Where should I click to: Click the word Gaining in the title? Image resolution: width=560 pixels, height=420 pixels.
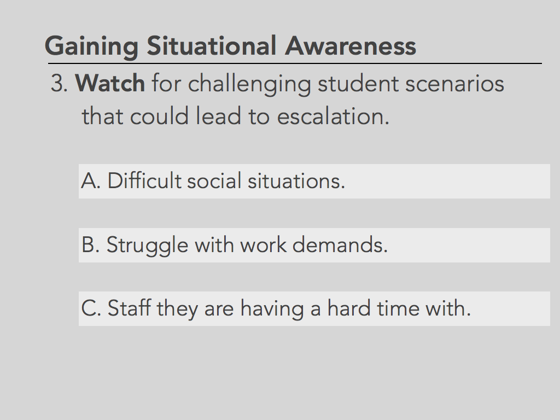(91, 46)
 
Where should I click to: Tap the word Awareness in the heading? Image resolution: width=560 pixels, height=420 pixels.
(351, 46)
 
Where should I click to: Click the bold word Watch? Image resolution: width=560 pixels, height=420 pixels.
(110, 83)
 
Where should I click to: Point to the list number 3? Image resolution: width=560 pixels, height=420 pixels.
(59, 83)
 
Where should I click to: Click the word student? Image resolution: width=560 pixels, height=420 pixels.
(358, 83)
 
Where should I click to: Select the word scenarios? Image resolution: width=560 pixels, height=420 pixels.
(454, 84)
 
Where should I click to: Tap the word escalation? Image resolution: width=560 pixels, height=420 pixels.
(333, 116)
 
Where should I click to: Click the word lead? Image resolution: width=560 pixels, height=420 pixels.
(218, 116)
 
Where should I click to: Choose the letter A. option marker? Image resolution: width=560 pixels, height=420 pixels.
(91, 180)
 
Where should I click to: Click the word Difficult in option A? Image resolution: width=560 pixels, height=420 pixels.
(144, 180)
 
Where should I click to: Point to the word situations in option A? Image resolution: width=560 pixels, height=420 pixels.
(296, 180)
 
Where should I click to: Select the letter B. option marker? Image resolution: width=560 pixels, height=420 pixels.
(90, 244)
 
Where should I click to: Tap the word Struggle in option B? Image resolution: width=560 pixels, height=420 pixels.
(147, 246)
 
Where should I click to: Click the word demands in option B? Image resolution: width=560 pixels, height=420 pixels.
(340, 244)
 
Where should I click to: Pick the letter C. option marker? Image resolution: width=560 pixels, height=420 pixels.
(91, 308)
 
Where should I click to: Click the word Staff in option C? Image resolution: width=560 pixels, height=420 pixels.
(129, 308)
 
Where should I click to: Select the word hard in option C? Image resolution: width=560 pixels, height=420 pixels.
(349, 308)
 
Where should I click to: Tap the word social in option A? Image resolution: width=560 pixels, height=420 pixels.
(214, 180)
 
